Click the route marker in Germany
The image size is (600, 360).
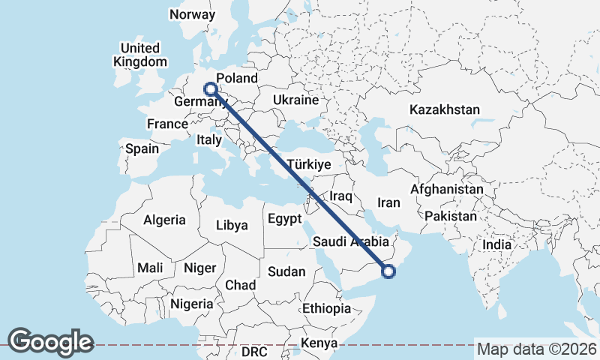(x=211, y=88)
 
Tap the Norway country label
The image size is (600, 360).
(x=192, y=14)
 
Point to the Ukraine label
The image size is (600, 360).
(x=296, y=100)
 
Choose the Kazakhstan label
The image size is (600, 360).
(x=444, y=109)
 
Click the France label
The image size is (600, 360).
(x=166, y=124)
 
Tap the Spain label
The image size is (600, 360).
(x=142, y=148)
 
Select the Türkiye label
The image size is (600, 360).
(x=307, y=164)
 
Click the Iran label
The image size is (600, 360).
(x=388, y=202)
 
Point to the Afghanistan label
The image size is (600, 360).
(x=447, y=190)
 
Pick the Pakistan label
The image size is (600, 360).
(x=450, y=216)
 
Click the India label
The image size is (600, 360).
(x=496, y=244)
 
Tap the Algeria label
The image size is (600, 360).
(x=164, y=220)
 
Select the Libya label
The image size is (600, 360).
(x=231, y=224)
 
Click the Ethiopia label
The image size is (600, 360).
(x=326, y=308)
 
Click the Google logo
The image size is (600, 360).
(x=50, y=342)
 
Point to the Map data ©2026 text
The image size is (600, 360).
(x=536, y=349)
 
